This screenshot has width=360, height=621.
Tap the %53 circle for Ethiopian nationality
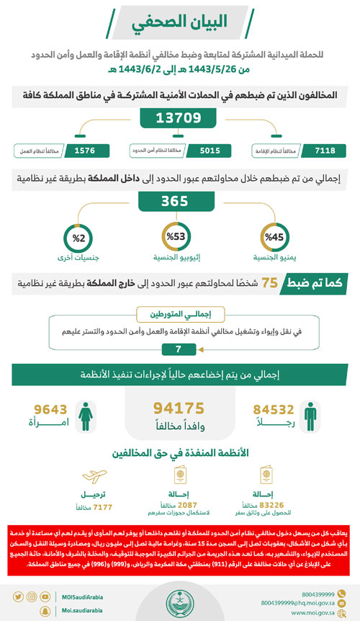pyautogui.click(x=179, y=236)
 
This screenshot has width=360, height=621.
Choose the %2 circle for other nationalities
pyautogui.click(x=76, y=236)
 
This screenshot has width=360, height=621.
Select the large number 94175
pyautogui.click(x=179, y=408)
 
